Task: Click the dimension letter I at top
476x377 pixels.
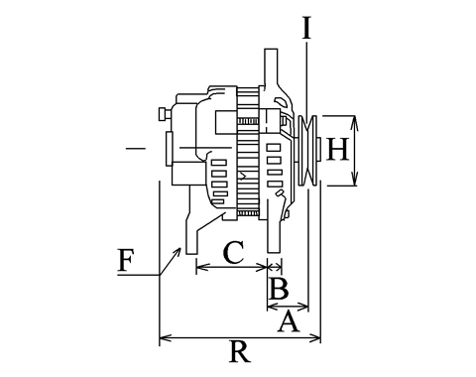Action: (x=306, y=28)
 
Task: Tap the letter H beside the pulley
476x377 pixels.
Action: (x=337, y=149)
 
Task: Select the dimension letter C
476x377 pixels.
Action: (x=234, y=252)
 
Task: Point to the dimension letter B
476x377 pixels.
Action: (x=279, y=288)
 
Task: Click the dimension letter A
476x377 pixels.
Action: (x=289, y=320)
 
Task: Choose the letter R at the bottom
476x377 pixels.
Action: (x=240, y=351)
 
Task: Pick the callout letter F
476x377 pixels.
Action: (x=125, y=260)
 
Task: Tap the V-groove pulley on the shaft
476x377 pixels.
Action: (x=307, y=150)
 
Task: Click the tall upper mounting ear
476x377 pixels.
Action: (x=271, y=67)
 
